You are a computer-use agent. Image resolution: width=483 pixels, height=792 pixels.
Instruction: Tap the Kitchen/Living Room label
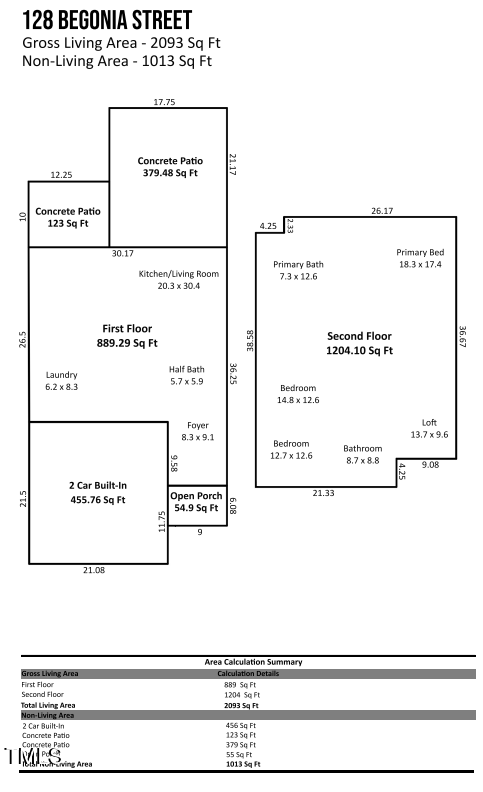click(x=178, y=280)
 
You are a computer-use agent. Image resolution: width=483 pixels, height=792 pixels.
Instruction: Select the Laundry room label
click(x=61, y=381)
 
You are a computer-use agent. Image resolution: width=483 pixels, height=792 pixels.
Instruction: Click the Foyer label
click(x=197, y=431)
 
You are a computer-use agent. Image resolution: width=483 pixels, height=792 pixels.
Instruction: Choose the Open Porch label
click(x=195, y=502)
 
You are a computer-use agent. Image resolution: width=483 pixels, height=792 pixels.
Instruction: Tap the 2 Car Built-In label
click(x=98, y=492)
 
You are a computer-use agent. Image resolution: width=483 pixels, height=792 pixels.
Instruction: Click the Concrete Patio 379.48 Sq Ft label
click(x=170, y=166)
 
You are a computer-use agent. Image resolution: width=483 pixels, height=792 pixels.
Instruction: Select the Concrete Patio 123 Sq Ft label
click(x=68, y=217)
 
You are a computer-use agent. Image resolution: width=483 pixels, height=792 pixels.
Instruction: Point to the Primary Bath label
click(x=298, y=270)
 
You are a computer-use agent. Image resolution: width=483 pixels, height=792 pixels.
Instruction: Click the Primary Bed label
click(x=420, y=258)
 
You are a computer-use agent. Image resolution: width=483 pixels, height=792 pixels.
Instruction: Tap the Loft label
click(x=429, y=429)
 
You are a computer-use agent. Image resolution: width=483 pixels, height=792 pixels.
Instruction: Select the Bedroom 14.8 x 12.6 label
click(x=298, y=394)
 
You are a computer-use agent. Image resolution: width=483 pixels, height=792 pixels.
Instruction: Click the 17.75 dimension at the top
click(x=164, y=102)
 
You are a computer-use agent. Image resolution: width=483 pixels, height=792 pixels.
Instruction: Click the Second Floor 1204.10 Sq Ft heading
click(x=360, y=344)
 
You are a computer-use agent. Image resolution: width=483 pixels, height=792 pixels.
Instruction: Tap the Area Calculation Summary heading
click(x=252, y=662)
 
